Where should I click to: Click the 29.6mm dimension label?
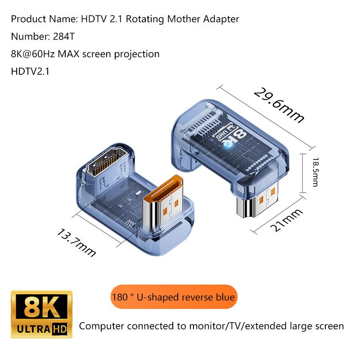279,105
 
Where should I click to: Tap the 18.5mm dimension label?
315,172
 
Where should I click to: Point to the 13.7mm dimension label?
76,243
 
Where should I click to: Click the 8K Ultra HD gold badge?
41,314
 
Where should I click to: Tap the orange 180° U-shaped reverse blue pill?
174,297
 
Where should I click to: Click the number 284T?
63,36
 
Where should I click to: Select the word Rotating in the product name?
145,19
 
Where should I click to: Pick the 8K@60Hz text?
32,54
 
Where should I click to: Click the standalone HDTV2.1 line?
30,72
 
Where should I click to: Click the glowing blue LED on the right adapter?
229,144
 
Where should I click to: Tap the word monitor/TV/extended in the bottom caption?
238,326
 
